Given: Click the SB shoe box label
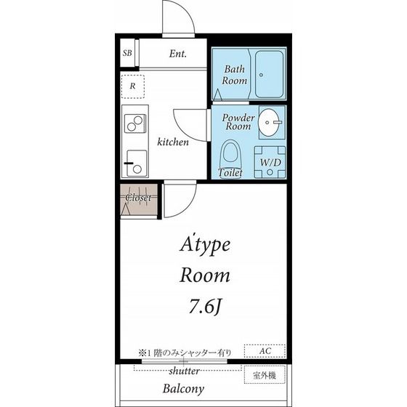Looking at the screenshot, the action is click(127, 53).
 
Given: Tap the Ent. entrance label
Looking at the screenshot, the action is click(178, 54).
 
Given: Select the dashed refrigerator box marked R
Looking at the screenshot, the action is click(133, 86).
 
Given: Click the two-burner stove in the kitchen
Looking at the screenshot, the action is click(135, 124).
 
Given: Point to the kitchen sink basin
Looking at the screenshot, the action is click(137, 164).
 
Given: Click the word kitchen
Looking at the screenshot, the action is click(173, 142).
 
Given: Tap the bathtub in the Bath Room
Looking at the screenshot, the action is click(269, 74).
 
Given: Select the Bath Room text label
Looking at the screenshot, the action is click(234, 75).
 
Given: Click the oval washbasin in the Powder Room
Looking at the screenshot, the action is click(270, 122).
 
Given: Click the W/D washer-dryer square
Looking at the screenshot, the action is click(270, 162).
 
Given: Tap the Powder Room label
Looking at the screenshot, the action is click(238, 122).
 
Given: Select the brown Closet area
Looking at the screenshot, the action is click(139, 200).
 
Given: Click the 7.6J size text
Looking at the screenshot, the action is click(205, 306).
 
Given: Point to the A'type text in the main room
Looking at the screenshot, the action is click(205, 245).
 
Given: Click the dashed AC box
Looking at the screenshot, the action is click(265, 351).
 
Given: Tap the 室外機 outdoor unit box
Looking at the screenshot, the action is click(265, 374).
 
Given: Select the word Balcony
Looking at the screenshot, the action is click(183, 389).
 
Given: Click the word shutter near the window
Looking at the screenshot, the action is click(185, 371).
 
